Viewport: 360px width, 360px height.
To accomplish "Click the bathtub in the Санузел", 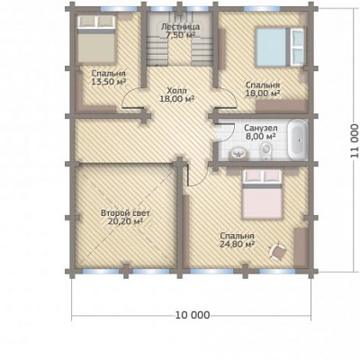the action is (x=298, y=139).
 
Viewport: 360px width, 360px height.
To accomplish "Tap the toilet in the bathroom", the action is (x=265, y=151).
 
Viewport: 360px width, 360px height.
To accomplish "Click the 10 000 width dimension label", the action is (x=193, y=315).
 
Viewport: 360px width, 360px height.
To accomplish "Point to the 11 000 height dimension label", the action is (x=355, y=140).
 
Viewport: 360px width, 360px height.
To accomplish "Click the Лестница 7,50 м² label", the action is (x=180, y=31).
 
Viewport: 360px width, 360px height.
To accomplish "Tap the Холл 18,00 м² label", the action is (x=176, y=94).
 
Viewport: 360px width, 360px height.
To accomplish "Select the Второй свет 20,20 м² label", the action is (x=125, y=218).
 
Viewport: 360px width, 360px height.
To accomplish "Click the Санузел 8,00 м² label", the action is (x=260, y=132).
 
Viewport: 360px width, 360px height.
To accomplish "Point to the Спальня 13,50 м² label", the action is (x=108, y=77).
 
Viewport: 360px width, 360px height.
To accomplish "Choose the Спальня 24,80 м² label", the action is (x=237, y=239).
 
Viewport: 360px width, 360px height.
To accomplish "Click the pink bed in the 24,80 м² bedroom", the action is (x=262, y=194).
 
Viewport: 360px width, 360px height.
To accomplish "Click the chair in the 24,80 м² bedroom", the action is (x=278, y=251).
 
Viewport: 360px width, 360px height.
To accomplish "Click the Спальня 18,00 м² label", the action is (x=263, y=89).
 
